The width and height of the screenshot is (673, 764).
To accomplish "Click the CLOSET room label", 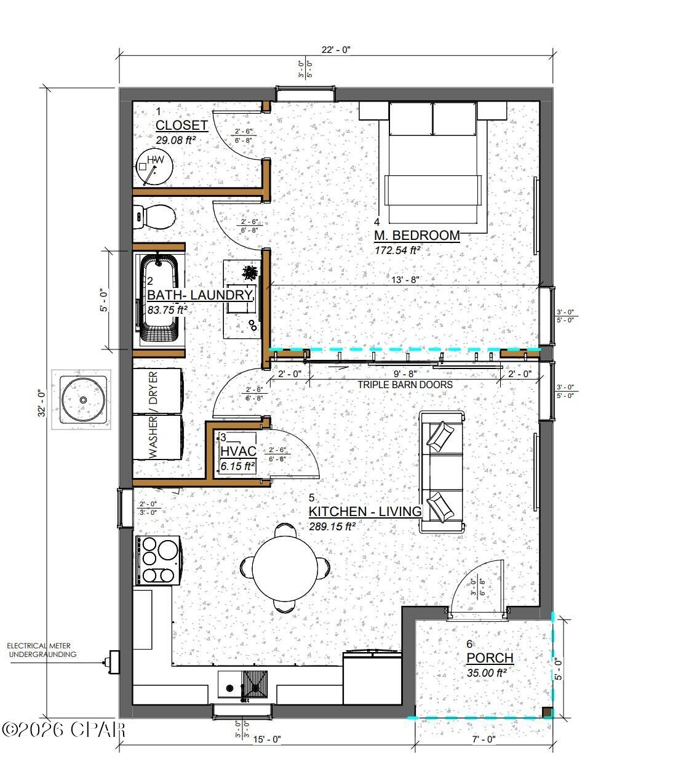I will (181, 125).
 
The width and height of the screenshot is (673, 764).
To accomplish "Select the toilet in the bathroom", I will (156, 217).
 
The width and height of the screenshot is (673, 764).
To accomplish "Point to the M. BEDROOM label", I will (417, 235).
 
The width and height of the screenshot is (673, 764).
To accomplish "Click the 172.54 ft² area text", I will (397, 250).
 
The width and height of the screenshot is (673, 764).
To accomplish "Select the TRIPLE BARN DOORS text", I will (405, 384).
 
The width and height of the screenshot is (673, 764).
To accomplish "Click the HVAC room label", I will (237, 452).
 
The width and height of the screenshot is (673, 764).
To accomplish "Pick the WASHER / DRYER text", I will (153, 414).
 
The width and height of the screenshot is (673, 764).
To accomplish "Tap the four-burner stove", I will (158, 560).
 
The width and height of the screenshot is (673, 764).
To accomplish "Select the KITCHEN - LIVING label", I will (365, 511).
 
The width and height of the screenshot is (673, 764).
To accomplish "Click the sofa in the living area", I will (442, 472).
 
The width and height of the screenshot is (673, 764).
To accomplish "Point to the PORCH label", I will (490, 658).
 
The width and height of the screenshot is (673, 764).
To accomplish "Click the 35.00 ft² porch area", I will (486, 673).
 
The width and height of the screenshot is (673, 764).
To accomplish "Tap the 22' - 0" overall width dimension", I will (335, 50).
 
